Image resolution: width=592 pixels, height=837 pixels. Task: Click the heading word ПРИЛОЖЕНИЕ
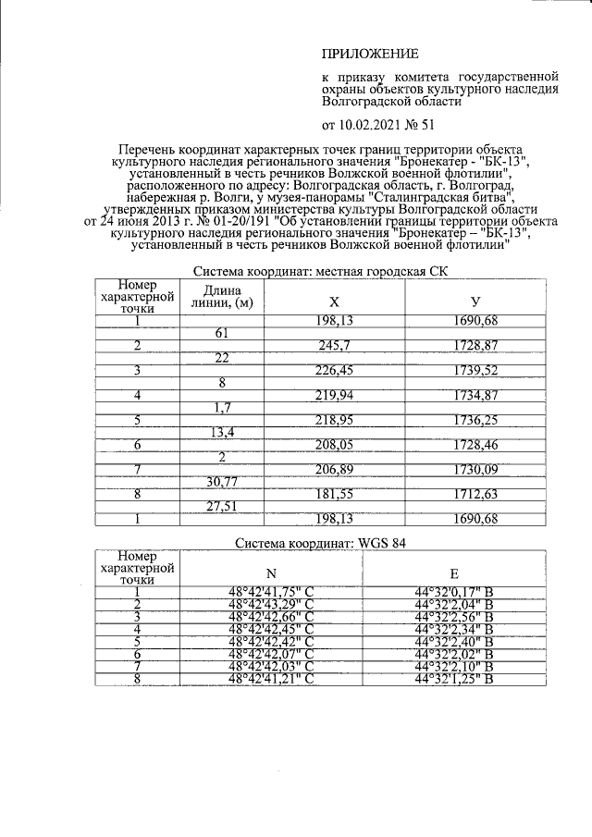pos(369,55)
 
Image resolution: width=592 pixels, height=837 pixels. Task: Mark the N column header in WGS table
pos(271,571)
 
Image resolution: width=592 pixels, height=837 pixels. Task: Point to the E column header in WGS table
pos(452,571)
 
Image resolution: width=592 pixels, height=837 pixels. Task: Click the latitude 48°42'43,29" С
pos(271,604)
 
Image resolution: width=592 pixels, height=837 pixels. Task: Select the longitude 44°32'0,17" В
pos(453,592)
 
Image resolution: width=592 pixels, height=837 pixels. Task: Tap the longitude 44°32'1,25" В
pos(453,680)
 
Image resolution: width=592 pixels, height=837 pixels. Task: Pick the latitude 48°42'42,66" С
pos(271,617)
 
